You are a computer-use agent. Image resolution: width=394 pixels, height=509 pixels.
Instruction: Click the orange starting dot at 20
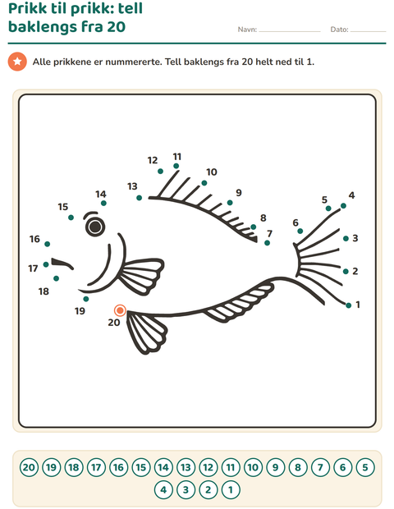120,310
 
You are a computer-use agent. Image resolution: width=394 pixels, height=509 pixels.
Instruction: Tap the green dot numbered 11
176,166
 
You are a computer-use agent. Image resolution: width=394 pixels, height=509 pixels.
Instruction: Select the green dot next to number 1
349,305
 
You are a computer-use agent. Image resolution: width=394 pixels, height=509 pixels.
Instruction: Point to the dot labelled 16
48,244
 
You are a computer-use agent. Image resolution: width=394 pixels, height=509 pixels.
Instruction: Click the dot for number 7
267,243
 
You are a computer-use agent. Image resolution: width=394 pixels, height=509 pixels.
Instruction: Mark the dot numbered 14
103,204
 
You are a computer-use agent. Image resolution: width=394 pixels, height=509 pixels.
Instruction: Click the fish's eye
95,227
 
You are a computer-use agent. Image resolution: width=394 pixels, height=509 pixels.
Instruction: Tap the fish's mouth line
62,264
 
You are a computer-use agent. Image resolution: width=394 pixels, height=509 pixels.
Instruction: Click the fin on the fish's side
141,275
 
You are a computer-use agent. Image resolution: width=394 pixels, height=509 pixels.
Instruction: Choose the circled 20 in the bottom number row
29,467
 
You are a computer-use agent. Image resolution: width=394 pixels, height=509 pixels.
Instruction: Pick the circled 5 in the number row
365,467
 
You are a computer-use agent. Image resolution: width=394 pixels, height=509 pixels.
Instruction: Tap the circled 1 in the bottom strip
231,489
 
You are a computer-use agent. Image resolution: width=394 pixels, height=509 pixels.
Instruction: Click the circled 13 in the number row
186,467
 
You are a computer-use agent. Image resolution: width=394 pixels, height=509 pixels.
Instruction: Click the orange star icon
17,62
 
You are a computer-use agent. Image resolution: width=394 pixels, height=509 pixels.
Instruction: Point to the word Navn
247,30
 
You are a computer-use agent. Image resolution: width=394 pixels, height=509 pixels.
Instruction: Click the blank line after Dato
368,31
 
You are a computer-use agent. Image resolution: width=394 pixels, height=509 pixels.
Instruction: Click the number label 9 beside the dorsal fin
239,193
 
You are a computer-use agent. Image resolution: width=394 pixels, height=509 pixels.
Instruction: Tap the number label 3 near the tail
355,238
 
